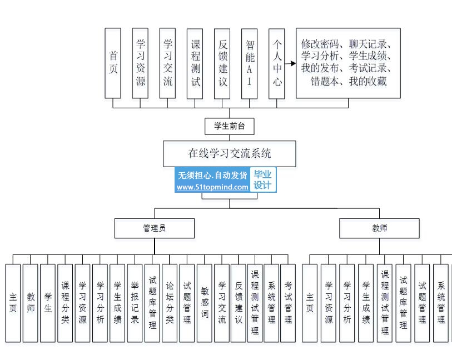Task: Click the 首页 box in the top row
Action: [x=113, y=64]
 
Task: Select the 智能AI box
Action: [x=249, y=64]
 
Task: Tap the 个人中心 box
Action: [x=276, y=64]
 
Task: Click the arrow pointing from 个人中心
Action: [x=290, y=64]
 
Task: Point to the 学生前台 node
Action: [x=230, y=127]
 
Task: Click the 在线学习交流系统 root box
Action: [x=230, y=153]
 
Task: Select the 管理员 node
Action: [x=154, y=228]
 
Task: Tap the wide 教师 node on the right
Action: [x=380, y=228]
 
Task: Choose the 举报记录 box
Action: [x=135, y=303]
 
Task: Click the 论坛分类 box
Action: [x=170, y=303]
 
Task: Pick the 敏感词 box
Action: [x=204, y=303]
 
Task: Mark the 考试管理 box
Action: [x=287, y=303]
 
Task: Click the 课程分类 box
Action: [x=65, y=303]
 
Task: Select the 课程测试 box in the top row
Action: [x=195, y=64]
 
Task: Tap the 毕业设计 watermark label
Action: [x=263, y=179]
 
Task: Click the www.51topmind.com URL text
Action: [x=212, y=187]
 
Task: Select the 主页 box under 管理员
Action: [x=13, y=303]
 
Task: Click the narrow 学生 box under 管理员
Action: [x=48, y=303]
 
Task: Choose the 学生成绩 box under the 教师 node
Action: [x=366, y=303]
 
